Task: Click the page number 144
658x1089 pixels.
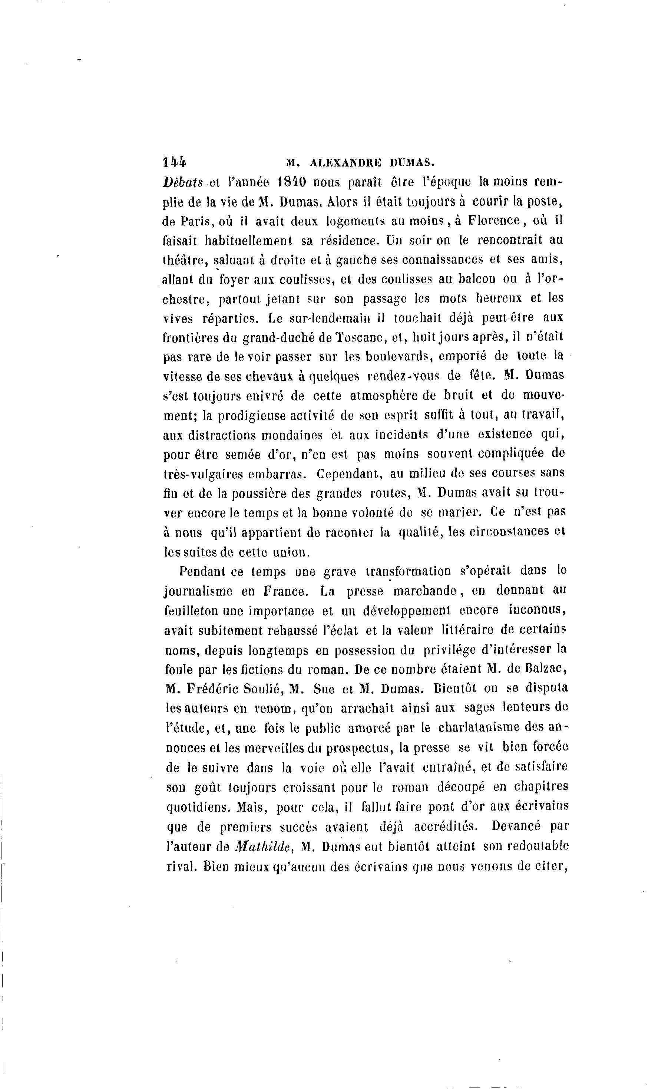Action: click(x=175, y=162)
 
